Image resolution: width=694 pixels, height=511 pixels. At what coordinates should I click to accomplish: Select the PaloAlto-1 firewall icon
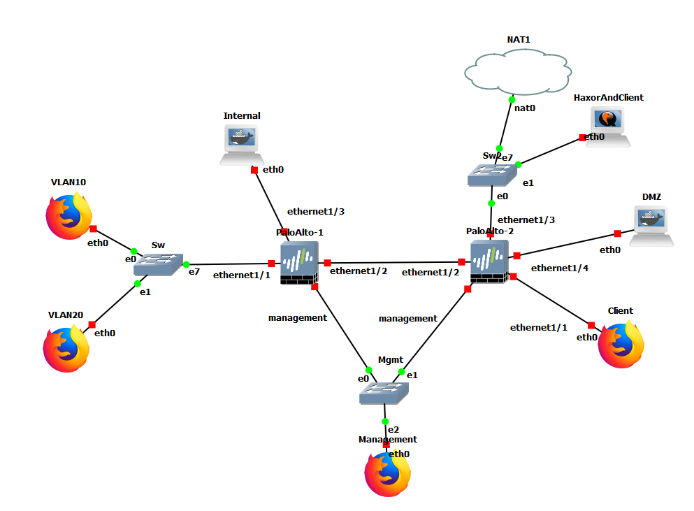(x=299, y=263)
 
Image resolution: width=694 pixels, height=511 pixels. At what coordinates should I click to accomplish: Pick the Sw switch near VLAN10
(x=158, y=264)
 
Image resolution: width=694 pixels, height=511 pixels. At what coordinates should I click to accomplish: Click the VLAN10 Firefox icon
(x=68, y=217)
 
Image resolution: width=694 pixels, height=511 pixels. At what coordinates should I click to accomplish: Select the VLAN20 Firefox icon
(x=66, y=347)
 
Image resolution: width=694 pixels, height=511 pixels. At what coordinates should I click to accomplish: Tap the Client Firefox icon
(x=621, y=344)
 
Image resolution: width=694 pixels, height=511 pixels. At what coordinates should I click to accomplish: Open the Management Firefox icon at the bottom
(x=387, y=475)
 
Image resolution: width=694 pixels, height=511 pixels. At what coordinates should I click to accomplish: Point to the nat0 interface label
(x=525, y=108)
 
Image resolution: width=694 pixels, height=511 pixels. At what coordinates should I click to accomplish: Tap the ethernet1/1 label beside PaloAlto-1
(x=241, y=275)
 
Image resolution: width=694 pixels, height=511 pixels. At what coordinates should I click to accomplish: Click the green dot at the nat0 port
(x=512, y=100)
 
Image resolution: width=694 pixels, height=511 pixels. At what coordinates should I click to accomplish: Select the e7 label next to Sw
(x=194, y=271)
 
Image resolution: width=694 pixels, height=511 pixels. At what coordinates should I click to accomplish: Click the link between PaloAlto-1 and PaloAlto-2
(x=394, y=263)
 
